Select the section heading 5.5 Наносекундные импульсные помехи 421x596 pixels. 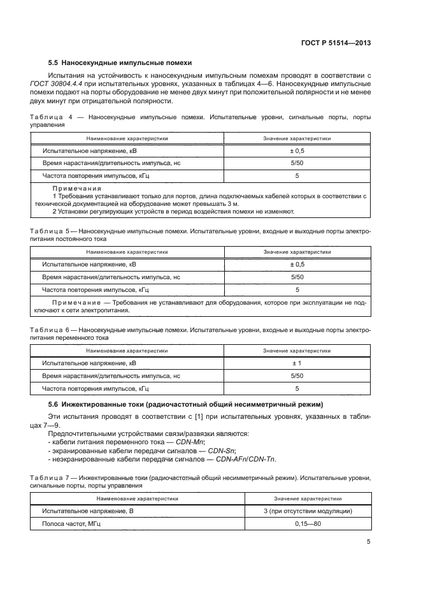coord(120,62)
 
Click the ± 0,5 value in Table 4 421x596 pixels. coord(297,152)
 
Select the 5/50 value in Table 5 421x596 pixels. coord(297,277)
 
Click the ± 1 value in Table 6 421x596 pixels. coord(297,363)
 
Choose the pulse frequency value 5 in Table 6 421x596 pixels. coord(297,388)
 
